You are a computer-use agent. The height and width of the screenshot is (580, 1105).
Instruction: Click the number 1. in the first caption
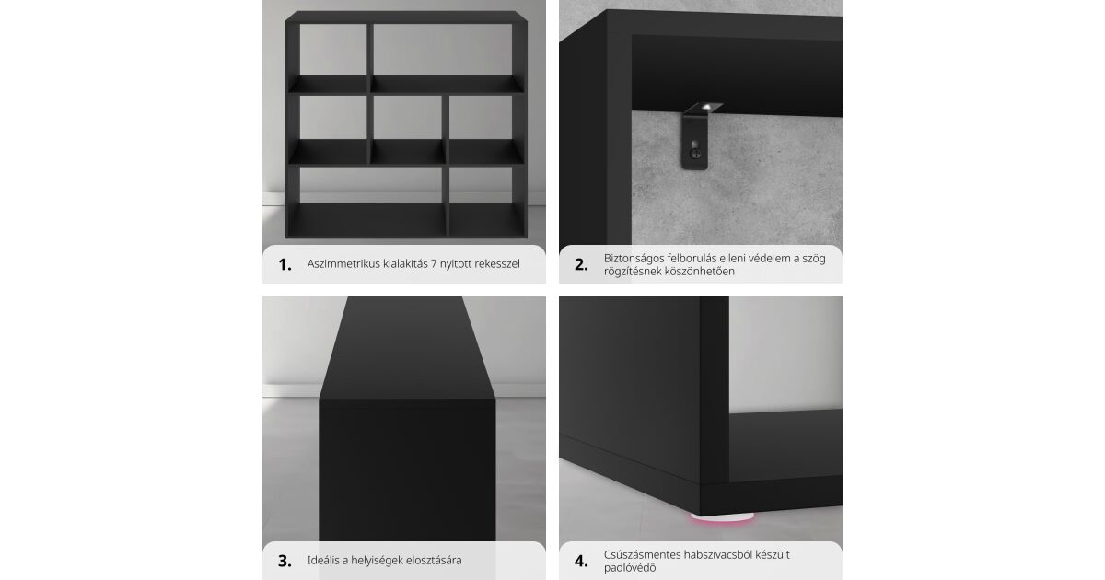pos(285,265)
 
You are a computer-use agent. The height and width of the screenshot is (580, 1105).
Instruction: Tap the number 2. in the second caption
pos(581,265)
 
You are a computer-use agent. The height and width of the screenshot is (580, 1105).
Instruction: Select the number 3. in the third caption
pos(285,562)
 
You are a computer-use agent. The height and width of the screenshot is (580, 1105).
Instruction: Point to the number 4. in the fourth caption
pos(581,562)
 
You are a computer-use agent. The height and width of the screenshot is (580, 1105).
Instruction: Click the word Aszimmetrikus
pos(343,264)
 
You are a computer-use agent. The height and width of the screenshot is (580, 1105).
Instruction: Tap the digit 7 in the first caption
pos(434,264)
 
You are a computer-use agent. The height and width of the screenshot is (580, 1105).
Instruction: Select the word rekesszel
pos(497,264)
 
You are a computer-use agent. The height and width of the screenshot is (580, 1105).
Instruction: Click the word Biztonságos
pos(634,259)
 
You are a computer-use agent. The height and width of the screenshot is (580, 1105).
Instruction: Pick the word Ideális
pos(323,561)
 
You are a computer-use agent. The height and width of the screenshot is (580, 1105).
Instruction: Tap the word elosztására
pos(433,561)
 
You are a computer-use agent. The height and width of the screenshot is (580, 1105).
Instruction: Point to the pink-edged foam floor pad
pos(722,517)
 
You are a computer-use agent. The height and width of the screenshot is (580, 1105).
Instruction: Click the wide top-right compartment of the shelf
pos(443,50)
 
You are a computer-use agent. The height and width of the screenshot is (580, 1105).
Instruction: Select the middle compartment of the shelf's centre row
pos(407,118)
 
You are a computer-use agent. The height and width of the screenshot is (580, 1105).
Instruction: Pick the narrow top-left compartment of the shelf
pos(333,50)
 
